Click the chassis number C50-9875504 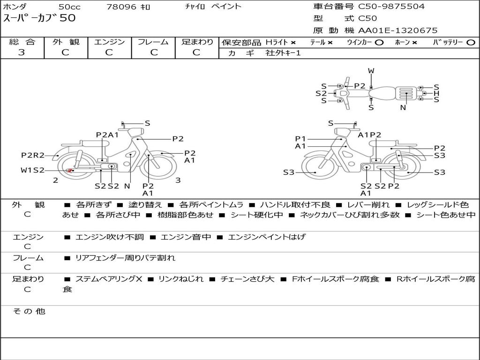click(x=391, y=7)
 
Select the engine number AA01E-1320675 click(x=397, y=30)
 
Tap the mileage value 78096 click(x=121, y=7)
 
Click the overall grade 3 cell click(x=22, y=52)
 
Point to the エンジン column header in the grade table click(x=109, y=42)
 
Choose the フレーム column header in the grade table click(x=153, y=42)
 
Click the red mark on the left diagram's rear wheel click(x=70, y=170)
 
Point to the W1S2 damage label click(x=32, y=170)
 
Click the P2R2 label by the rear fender click(x=33, y=156)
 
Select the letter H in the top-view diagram click(x=436, y=93)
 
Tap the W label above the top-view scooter click(x=371, y=71)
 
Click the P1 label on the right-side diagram click(x=300, y=138)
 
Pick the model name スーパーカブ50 click(x=39, y=18)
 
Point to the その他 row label click(x=29, y=311)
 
